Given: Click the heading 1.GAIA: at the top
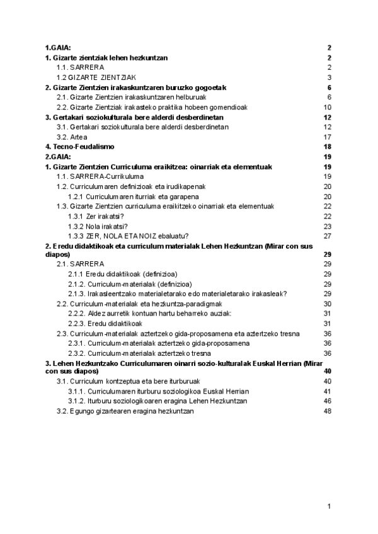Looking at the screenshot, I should pos(58,48).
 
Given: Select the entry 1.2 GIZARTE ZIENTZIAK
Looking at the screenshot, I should pos(88,77).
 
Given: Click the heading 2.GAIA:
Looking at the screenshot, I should pos(58,156).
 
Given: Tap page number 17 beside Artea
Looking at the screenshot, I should pos(327,137).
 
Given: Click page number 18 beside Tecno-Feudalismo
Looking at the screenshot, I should pos(327,146).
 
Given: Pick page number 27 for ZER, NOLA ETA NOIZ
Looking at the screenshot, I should pos(327,236).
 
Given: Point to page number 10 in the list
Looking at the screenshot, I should pos(327,106).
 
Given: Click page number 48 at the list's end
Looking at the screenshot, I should pos(327,411).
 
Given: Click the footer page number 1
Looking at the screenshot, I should pos(329,506).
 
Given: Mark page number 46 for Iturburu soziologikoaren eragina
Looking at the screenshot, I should pos(327,401).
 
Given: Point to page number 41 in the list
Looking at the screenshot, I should pos(327,391).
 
